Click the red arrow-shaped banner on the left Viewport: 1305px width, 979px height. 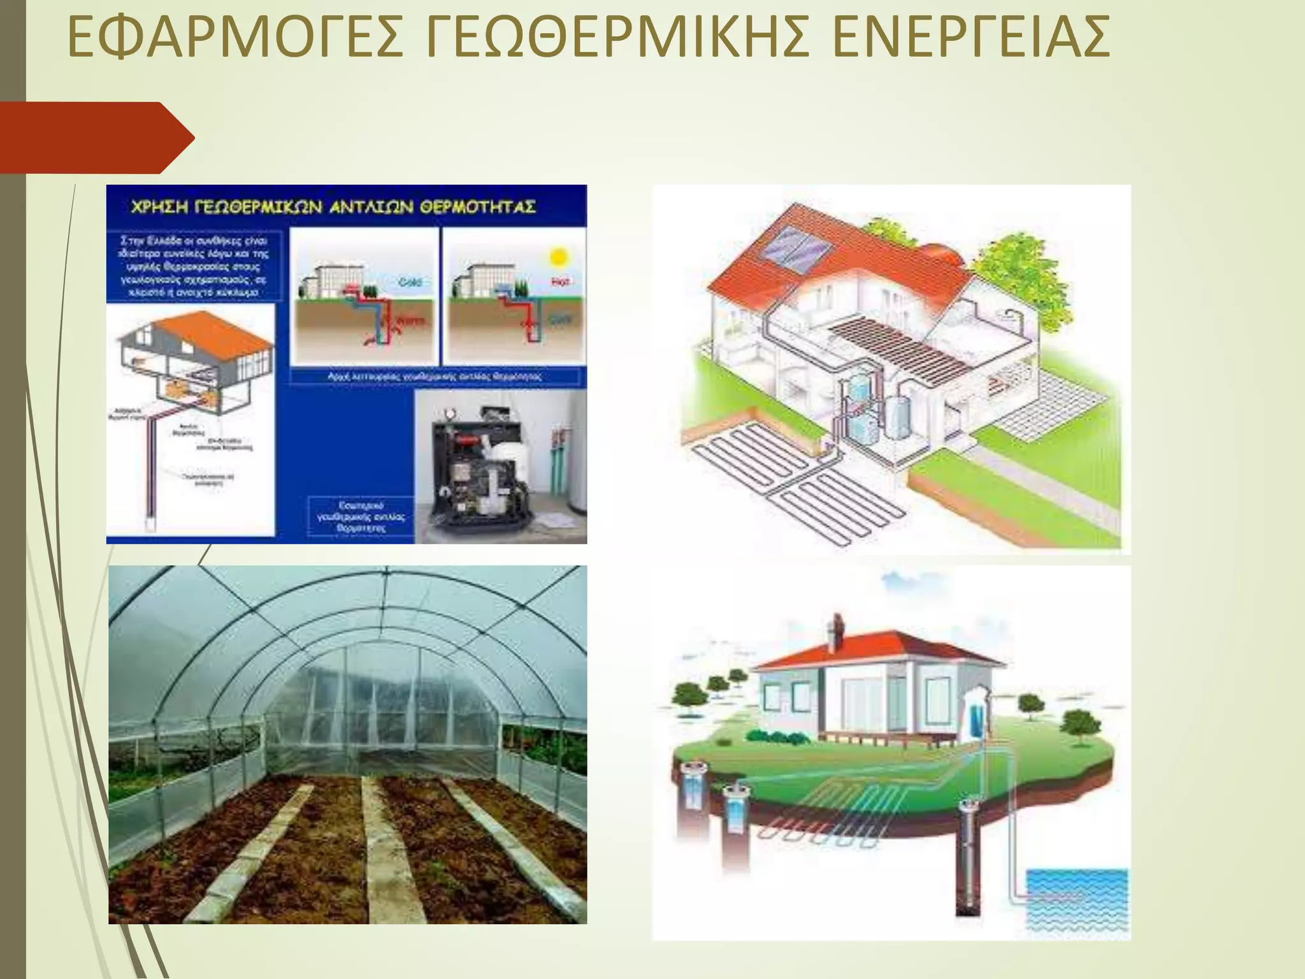96,137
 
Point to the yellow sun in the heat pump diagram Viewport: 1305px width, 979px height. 558,257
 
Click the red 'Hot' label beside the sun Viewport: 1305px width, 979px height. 561,281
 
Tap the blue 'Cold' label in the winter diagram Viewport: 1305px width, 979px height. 410,282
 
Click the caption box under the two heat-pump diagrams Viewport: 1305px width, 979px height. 435,377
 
